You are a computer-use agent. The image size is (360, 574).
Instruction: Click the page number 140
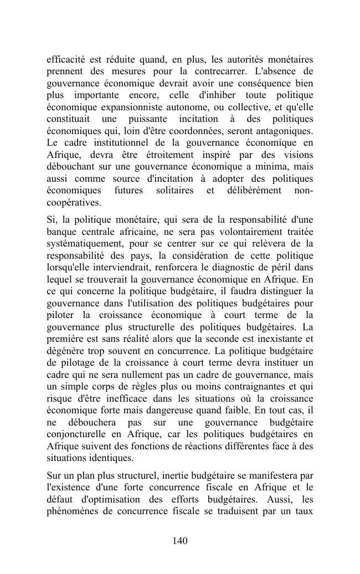179,541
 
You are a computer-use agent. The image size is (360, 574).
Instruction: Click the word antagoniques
285,131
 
